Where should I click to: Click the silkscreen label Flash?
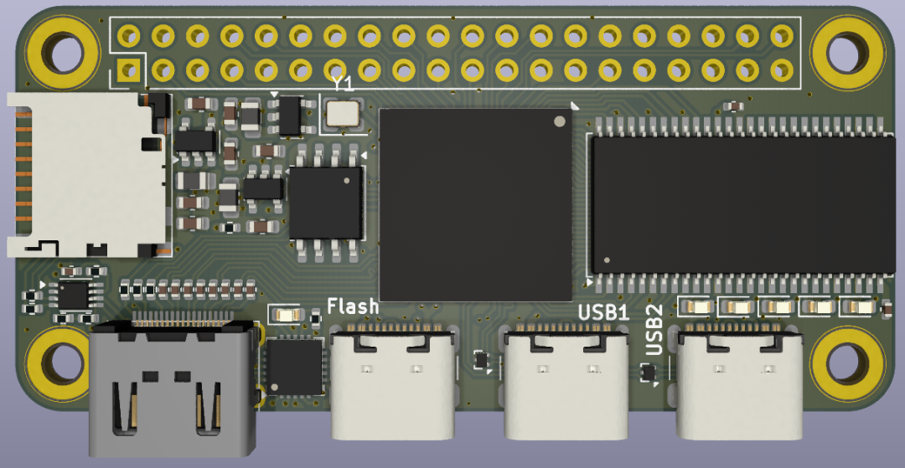click(x=353, y=306)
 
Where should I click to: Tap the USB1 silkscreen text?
click(x=603, y=312)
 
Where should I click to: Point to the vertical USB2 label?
click(x=654, y=329)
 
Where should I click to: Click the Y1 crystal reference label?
click(x=342, y=84)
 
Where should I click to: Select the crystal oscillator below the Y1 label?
click(x=342, y=113)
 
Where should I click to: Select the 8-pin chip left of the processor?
click(x=326, y=203)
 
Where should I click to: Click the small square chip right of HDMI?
click(x=293, y=367)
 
